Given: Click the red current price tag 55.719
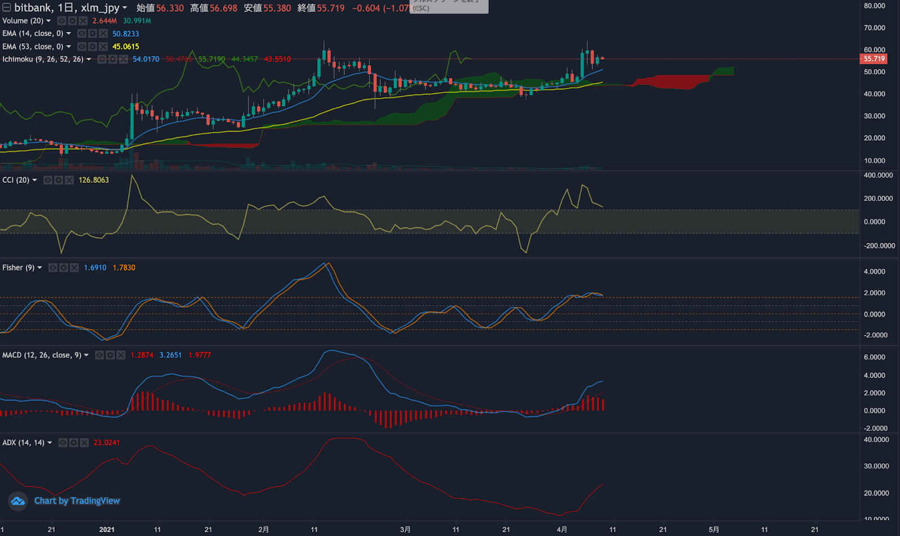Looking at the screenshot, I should [x=874, y=58].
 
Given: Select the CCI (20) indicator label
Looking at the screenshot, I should [x=16, y=180].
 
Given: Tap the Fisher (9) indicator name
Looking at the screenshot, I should [x=18, y=268].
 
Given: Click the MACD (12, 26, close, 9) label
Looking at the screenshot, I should [x=42, y=355].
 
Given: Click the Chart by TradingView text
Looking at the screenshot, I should [x=76, y=501].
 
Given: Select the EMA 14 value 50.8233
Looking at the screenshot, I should [x=125, y=34].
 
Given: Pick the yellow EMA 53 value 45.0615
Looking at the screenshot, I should [x=125, y=47].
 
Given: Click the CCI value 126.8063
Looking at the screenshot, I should [x=94, y=180].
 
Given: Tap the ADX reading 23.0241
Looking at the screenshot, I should [x=107, y=443].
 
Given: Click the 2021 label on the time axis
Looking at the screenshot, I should [x=107, y=529].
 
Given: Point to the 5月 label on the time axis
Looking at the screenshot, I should [x=714, y=529].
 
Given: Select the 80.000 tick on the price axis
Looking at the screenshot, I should [x=874, y=6].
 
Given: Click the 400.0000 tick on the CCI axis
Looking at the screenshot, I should [x=878, y=175].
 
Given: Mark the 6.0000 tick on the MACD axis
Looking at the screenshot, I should [x=874, y=357].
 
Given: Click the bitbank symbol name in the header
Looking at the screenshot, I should [x=33, y=8].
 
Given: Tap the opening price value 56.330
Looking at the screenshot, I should [x=170, y=8].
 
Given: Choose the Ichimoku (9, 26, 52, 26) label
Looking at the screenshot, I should [x=43, y=59].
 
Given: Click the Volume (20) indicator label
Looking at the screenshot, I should [x=22, y=21].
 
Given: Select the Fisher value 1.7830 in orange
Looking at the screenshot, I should [x=124, y=268].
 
